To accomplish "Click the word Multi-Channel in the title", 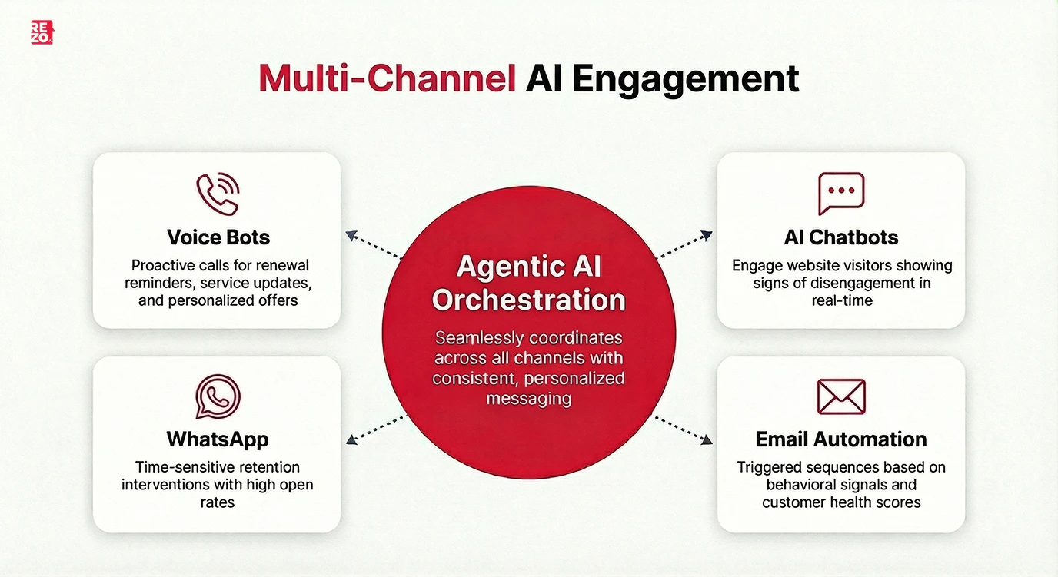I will click(386, 79).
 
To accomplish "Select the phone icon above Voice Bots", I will click(217, 194).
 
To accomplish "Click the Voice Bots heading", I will click(218, 237).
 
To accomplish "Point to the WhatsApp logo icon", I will click(218, 396).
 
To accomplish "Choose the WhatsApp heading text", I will click(218, 439).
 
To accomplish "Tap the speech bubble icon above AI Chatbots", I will click(840, 193).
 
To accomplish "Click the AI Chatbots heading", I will click(841, 237).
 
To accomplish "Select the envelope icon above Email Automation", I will click(840, 396).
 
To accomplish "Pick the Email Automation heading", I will click(841, 439).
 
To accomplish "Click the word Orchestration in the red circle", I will click(529, 300).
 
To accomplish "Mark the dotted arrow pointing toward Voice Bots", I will click(373, 245).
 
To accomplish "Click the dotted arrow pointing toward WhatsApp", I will click(375, 429).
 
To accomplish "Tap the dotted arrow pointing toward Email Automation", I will click(683, 429).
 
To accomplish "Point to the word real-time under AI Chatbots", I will click(842, 300).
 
